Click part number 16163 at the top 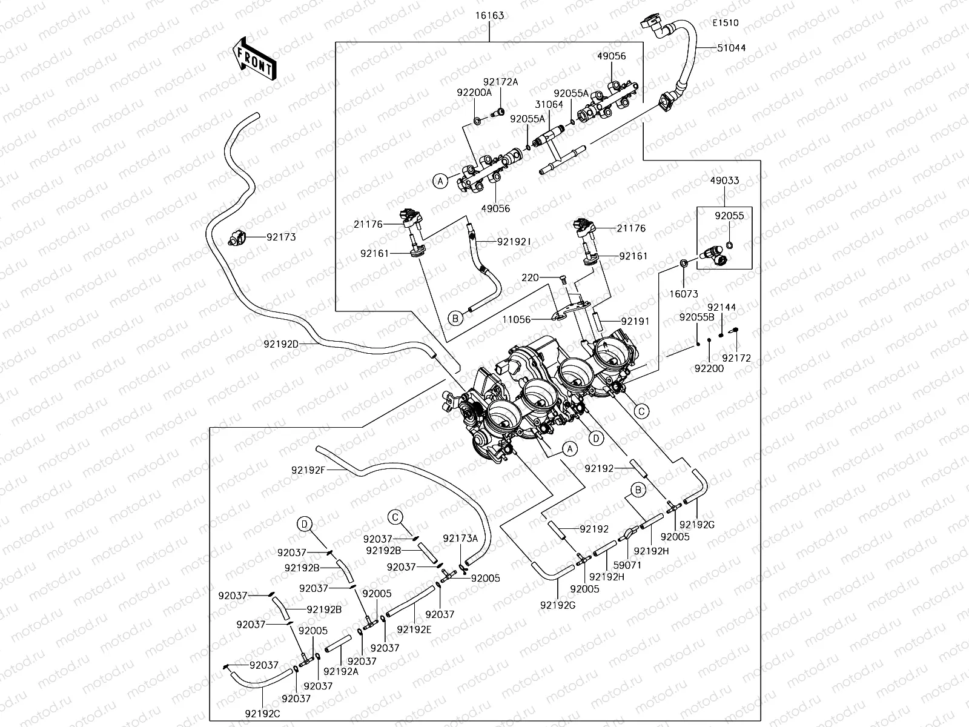click(489, 15)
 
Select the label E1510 click(725, 23)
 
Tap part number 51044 click(732, 48)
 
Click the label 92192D click(281, 344)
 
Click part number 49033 click(725, 181)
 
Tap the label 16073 click(684, 294)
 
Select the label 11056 click(517, 319)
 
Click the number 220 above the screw click(530, 278)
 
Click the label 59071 click(627, 565)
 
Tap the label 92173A click(460, 539)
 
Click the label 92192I click(514, 241)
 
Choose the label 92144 click(721, 307)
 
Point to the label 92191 click(634, 321)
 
